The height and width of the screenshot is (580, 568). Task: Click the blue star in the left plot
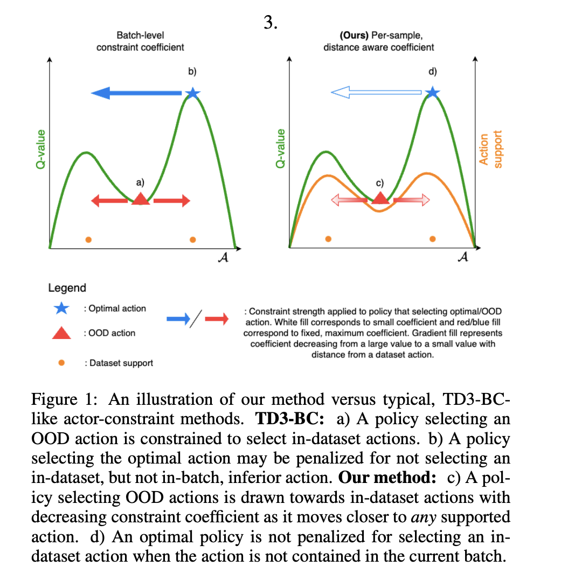[192, 93]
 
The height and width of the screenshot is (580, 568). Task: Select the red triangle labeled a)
[141, 199]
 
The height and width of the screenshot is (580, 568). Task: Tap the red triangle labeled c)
[380, 198]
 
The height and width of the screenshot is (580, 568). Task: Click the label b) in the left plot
[192, 71]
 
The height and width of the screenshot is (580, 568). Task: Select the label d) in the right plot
[432, 71]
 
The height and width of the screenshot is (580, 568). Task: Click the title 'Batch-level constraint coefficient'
[140, 41]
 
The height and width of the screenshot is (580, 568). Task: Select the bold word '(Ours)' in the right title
[354, 36]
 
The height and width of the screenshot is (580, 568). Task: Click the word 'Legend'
[67, 288]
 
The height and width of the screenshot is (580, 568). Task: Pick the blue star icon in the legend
[61, 309]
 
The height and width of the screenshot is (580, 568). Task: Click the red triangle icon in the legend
[61, 333]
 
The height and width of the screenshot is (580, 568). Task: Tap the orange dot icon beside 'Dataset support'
[61, 363]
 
